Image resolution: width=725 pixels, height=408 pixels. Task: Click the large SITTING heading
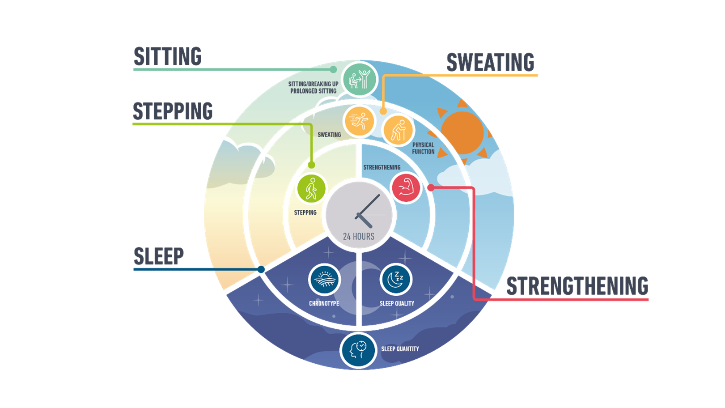(x=168, y=57)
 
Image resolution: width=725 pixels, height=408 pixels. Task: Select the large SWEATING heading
(x=491, y=63)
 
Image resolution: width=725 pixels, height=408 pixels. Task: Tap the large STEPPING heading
(x=173, y=111)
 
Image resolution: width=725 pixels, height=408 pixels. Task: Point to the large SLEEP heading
(x=159, y=256)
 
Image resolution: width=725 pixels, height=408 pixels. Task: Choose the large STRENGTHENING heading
(x=577, y=286)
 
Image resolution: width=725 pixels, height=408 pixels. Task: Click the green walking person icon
(x=312, y=188)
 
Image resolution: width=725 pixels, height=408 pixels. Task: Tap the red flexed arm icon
(x=406, y=187)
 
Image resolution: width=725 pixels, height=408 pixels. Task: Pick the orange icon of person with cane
(x=399, y=130)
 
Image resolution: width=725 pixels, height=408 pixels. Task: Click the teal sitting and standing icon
(x=360, y=79)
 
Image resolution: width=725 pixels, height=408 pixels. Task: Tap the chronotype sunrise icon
(x=324, y=280)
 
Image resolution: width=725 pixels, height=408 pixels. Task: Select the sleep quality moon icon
(x=396, y=280)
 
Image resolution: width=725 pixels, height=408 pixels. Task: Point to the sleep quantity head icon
(x=358, y=350)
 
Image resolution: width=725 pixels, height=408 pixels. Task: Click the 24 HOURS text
(x=359, y=236)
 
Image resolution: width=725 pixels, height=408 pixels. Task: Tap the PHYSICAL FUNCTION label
(x=423, y=148)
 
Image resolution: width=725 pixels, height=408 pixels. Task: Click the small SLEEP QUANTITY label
(x=400, y=349)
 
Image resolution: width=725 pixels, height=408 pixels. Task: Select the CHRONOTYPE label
(x=324, y=303)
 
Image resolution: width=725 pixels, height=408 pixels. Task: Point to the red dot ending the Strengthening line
(x=430, y=187)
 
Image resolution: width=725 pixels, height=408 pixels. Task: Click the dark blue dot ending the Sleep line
(x=261, y=269)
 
